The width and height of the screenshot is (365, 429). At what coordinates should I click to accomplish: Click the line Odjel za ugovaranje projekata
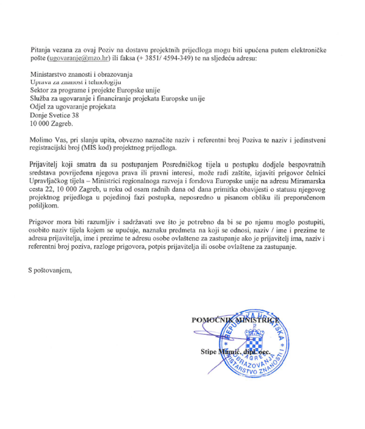click(x=73, y=107)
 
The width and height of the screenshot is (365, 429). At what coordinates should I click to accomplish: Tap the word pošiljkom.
click(x=43, y=207)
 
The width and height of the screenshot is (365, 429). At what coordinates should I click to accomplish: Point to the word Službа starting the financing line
click(x=39, y=99)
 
